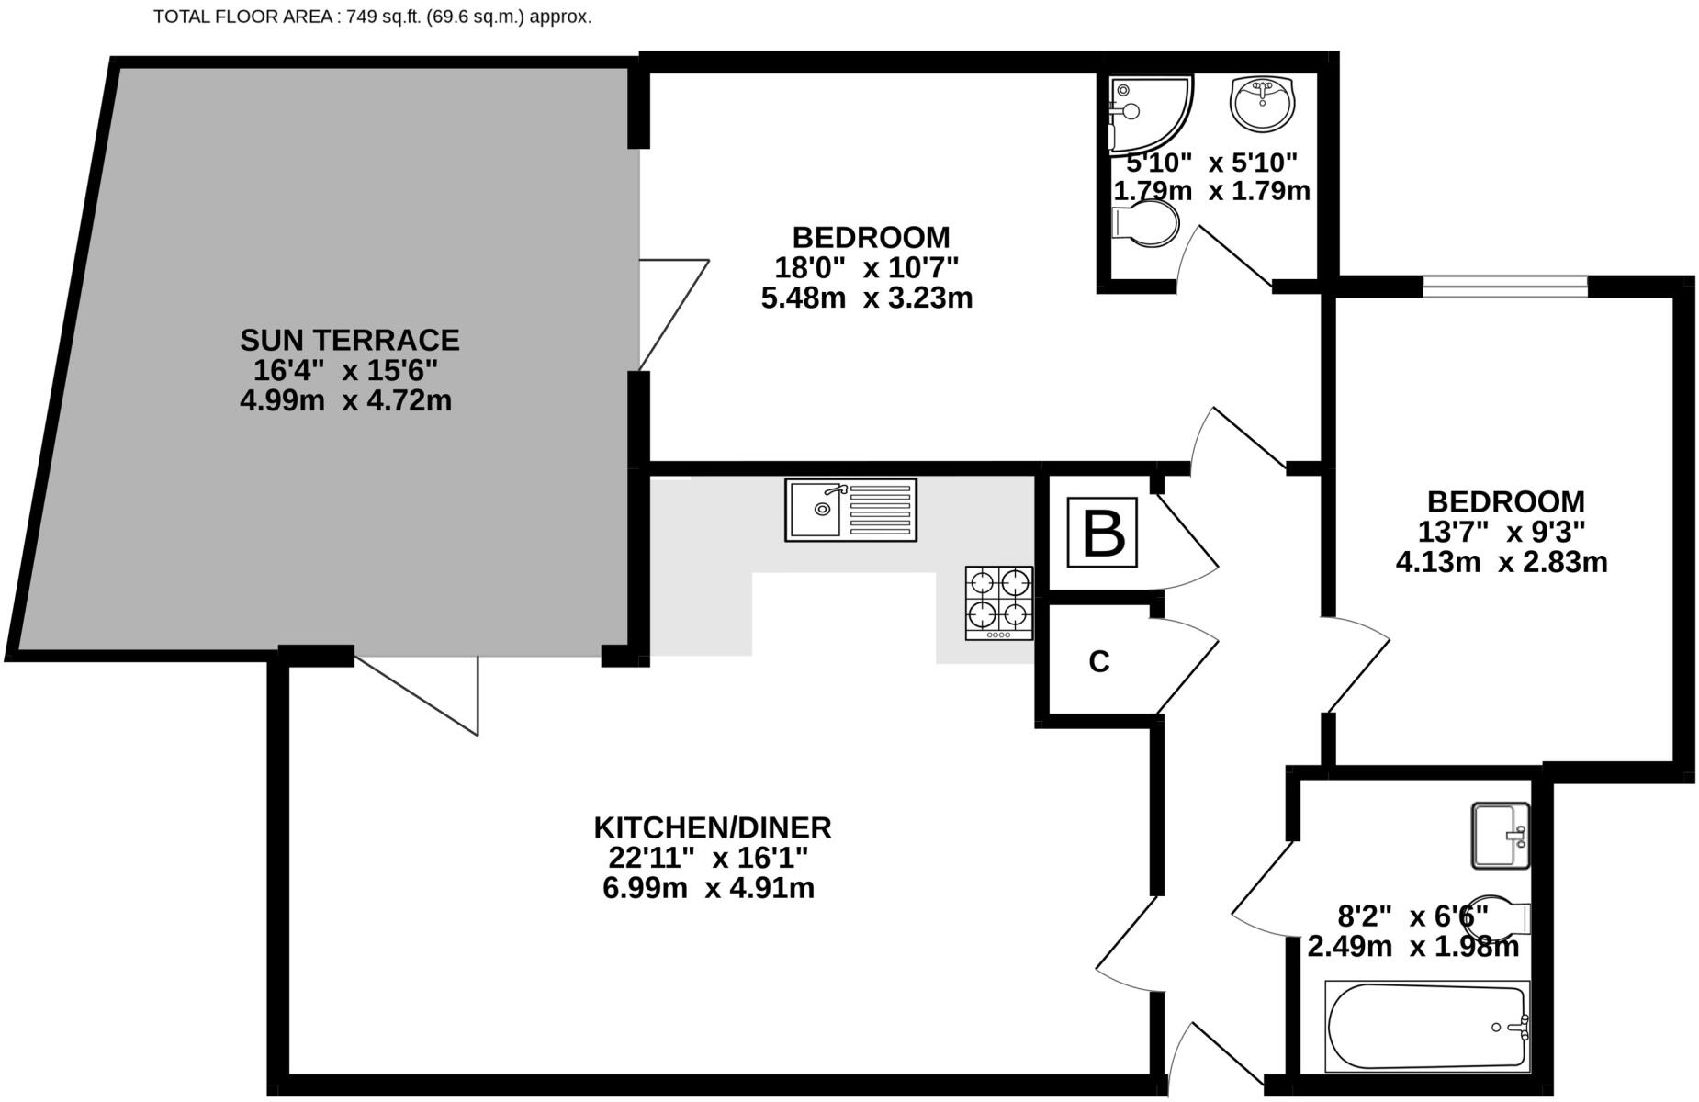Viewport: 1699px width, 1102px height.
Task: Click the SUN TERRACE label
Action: pyautogui.click(x=350, y=341)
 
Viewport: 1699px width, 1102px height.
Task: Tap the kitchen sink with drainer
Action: pyautogui.click(x=850, y=510)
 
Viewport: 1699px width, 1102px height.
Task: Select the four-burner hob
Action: pyautogui.click(x=999, y=602)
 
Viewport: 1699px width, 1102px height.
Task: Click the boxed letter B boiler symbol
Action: pyautogui.click(x=1102, y=533)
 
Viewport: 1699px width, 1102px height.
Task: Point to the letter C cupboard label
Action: pyautogui.click(x=1099, y=661)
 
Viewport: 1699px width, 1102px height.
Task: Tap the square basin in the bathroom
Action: pyautogui.click(x=1501, y=835)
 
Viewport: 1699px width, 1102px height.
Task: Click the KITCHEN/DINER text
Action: pyautogui.click(x=712, y=827)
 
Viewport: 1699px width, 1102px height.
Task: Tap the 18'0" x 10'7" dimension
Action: pyautogui.click(x=866, y=268)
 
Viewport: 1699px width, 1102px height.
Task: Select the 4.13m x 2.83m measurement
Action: pyautogui.click(x=1502, y=562)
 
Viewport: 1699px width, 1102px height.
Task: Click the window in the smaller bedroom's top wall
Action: pyautogui.click(x=1504, y=287)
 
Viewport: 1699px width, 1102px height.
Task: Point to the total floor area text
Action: pyautogui.click(x=372, y=17)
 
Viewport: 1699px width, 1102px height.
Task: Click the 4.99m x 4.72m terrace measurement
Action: pyautogui.click(x=346, y=401)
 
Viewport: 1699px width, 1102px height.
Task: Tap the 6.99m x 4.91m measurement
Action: pyautogui.click(x=708, y=888)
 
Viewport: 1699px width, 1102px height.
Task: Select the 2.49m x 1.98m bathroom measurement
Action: pyautogui.click(x=1412, y=946)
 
